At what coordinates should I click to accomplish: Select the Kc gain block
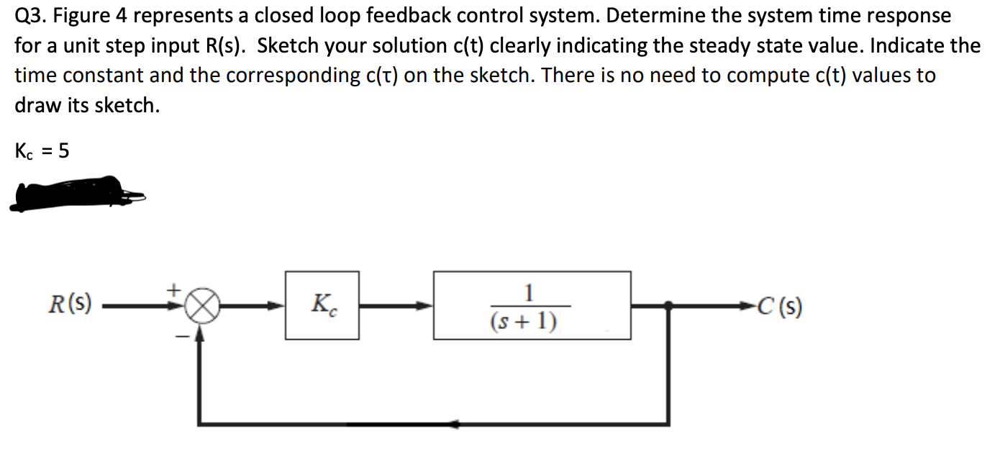pyautogui.click(x=322, y=305)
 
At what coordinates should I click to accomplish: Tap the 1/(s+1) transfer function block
pyautogui.click(x=532, y=305)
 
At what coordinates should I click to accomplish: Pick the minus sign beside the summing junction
pyautogui.click(x=183, y=335)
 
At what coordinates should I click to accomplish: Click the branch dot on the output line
pyautogui.click(x=668, y=306)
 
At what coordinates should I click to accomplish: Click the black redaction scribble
pyautogui.click(x=72, y=193)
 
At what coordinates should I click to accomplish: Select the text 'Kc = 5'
pyautogui.click(x=42, y=151)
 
